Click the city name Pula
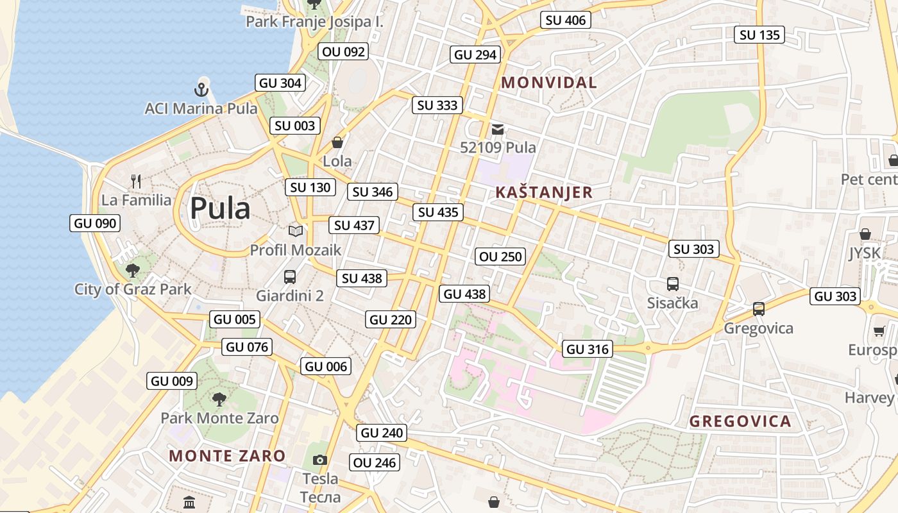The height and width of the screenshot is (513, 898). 219,208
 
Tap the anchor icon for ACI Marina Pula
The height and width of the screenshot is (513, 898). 202,89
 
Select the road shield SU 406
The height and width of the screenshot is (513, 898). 565,20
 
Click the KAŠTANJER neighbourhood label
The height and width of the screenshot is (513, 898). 544,192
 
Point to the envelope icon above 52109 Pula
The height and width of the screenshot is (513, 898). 498,130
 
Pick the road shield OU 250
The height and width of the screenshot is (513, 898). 501,256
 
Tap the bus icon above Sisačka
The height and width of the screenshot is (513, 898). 672,283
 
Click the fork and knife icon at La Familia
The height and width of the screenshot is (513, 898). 136,181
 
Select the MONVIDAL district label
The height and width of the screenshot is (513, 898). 548,82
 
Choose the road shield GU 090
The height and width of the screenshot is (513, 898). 95,223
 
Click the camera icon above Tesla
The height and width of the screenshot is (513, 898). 319,460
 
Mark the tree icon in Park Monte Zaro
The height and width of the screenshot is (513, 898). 219,399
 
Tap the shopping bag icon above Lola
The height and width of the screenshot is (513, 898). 337,142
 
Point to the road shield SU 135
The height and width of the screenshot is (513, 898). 760,35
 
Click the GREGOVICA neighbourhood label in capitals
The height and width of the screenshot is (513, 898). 740,421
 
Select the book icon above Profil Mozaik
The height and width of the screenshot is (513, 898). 296,231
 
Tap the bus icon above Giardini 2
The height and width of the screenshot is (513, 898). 290,277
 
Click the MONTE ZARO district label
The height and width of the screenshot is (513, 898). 227,456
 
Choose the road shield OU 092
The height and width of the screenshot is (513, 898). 344,52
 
